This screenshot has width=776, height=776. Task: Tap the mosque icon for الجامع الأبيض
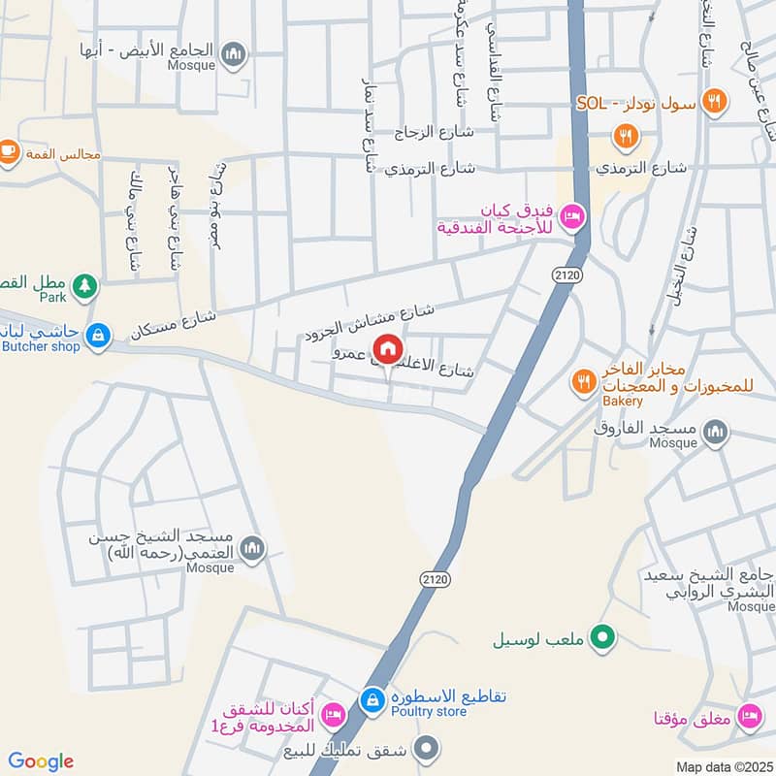coord(233,55)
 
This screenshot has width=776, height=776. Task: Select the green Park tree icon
coord(87,285)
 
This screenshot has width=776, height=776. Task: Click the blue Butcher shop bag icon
coord(97,336)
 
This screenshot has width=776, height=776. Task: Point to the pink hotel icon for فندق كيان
coord(572,215)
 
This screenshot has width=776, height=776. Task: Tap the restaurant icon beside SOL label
coord(714,100)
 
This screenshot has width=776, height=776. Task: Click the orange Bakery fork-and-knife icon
coord(583,381)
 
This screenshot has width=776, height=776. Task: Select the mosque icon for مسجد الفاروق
coord(715,432)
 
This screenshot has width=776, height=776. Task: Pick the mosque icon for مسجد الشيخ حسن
coord(252,549)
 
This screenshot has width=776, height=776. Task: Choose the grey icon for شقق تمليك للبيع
coord(425,747)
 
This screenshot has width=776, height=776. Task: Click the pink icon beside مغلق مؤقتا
coord(748,719)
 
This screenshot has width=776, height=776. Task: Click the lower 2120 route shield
coord(433,578)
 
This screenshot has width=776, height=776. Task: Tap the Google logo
coord(41,761)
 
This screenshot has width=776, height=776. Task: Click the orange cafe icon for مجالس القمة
coord(8,151)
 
